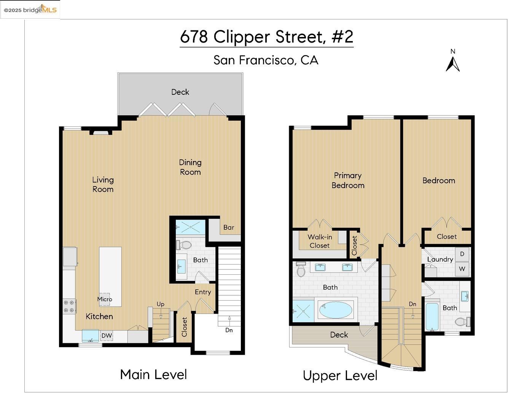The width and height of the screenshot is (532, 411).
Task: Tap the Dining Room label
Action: [190, 167]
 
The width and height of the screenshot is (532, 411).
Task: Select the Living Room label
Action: [103, 185]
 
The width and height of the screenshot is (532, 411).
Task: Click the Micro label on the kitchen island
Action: [105, 299]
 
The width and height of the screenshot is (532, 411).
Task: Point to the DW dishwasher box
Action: [107, 336]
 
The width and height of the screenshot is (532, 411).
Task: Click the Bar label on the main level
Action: [229, 228]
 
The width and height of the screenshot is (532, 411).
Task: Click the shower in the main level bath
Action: [190, 228]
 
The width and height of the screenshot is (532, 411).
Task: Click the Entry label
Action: [203, 292]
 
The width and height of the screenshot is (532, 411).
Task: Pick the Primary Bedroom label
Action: [348, 180]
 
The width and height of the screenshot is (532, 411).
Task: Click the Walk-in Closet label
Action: [320, 241]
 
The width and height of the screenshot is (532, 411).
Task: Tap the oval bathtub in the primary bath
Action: [336, 310]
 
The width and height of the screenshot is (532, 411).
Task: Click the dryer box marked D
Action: [462, 254]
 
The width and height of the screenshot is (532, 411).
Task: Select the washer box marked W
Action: [462, 269]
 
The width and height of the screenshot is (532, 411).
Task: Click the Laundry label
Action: [440, 260]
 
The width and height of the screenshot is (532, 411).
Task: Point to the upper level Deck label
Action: [339, 335]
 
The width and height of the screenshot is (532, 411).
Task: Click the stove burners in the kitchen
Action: [69, 306]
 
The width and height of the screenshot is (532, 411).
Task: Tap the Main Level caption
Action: [153, 374]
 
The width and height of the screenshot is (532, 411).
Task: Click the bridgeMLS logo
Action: [30, 10]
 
